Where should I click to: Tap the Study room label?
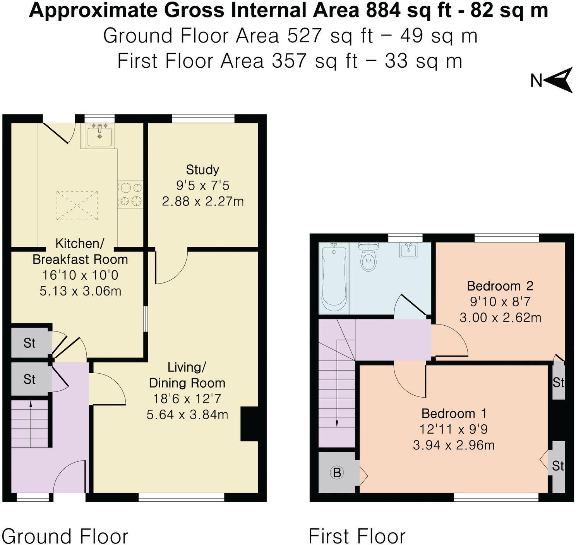pyautogui.click(x=202, y=169)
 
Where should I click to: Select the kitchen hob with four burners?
pyautogui.click(x=130, y=195)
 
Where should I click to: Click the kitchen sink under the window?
pyautogui.click(x=99, y=135)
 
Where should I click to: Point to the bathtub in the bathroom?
pyautogui.click(x=334, y=277)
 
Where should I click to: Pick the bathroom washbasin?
pyautogui.click(x=408, y=250)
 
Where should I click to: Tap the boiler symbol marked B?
pyautogui.click(x=337, y=472)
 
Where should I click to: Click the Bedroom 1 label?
pyautogui.click(x=454, y=413)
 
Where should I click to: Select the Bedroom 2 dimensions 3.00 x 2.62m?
pyautogui.click(x=500, y=318)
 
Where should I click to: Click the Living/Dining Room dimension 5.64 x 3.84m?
pyautogui.click(x=187, y=415)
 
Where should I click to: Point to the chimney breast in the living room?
pyautogui.click(x=249, y=424)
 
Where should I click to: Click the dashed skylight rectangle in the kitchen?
pyautogui.click(x=77, y=205)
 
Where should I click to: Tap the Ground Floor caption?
pyautogui.click(x=65, y=536)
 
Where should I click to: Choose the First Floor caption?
pyautogui.click(x=357, y=536)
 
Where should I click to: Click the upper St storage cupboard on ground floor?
pyautogui.click(x=30, y=343)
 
